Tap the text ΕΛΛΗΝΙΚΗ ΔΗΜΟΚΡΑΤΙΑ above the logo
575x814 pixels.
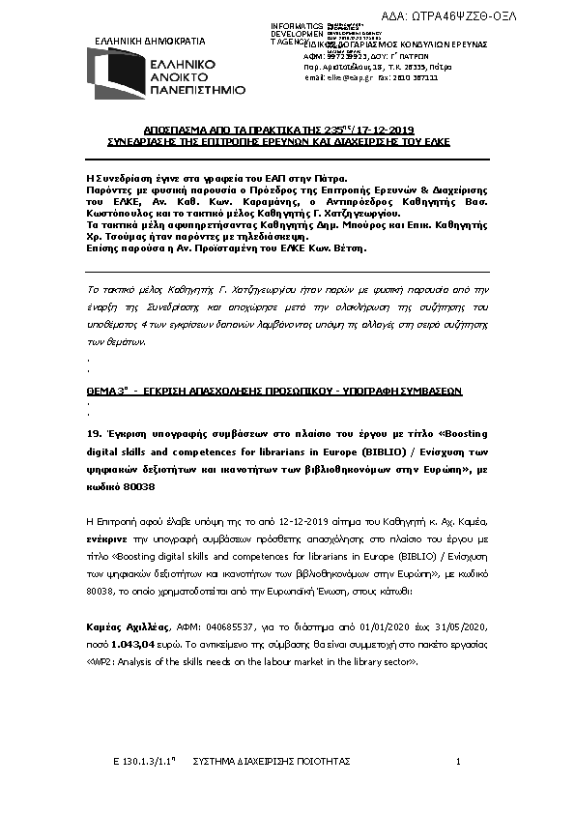148,42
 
